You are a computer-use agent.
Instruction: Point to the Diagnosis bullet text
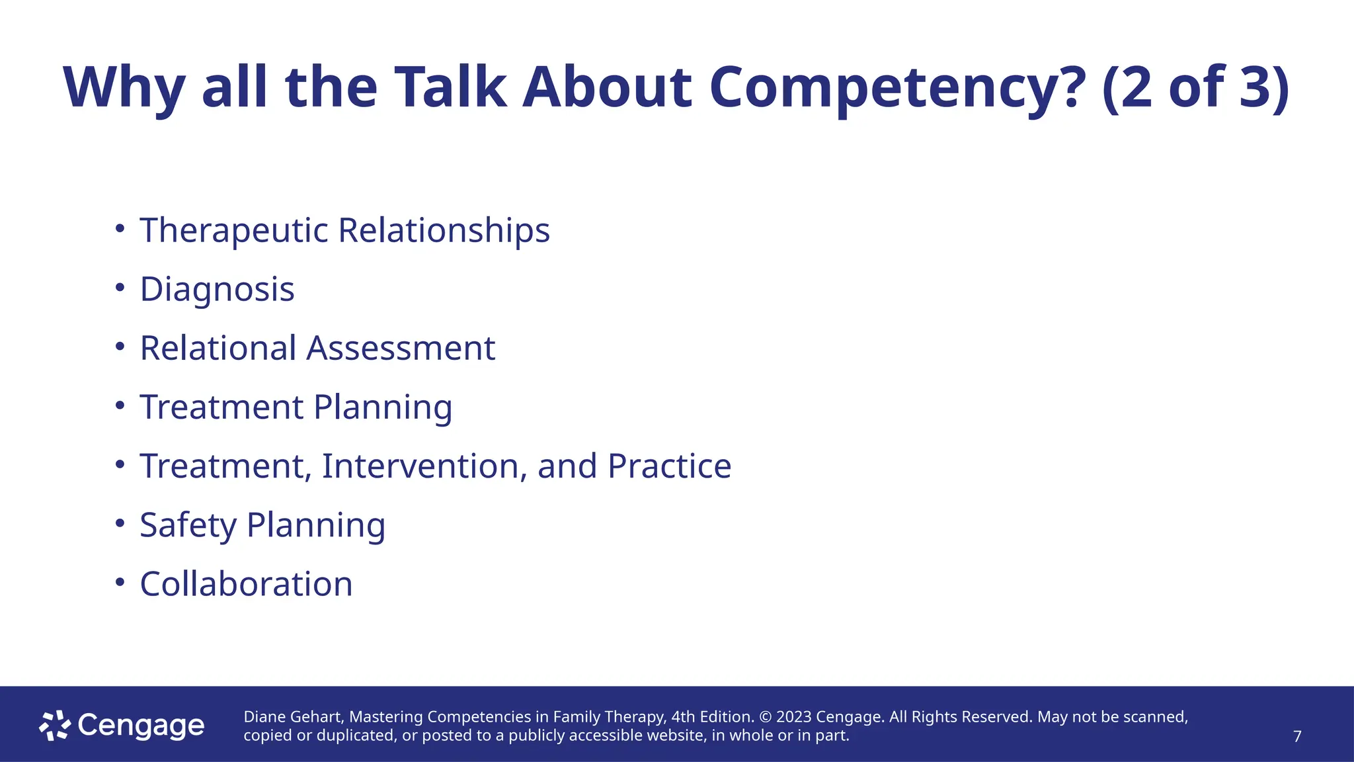tap(217, 290)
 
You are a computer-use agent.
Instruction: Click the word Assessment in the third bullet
tap(401, 348)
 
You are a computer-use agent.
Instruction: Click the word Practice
tap(669, 466)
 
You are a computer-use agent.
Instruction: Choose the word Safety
tap(188, 525)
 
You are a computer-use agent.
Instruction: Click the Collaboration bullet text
tap(246, 584)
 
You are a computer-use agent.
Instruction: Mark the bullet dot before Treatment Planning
tap(120, 405)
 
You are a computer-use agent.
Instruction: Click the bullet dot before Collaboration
tap(120, 582)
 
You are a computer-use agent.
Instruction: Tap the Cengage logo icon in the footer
tap(54, 726)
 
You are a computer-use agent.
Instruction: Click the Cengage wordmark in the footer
tap(141, 726)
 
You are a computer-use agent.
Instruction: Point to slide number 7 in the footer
tap(1297, 736)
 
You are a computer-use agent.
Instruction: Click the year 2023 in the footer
tap(793, 717)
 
